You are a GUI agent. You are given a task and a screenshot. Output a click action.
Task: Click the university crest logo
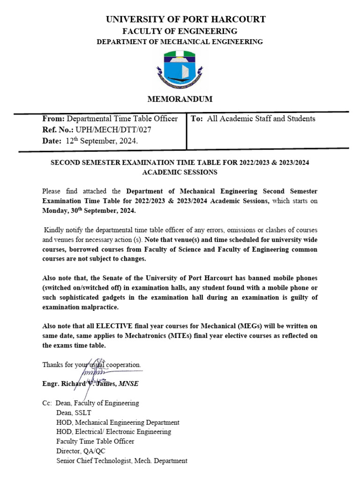[180, 71]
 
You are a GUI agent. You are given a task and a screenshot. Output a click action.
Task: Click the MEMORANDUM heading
[180, 99]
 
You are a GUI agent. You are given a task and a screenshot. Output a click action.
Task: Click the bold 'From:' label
[53, 119]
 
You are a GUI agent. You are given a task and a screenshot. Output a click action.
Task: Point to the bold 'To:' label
[197, 119]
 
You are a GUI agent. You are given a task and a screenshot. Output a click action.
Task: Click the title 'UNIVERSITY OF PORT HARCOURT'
[186, 19]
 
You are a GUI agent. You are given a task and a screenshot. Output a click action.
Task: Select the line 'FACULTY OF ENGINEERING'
[180, 31]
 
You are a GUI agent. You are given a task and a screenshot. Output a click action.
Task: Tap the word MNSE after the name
[129, 384]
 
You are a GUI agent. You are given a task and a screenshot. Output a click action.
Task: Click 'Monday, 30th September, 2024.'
[89, 211]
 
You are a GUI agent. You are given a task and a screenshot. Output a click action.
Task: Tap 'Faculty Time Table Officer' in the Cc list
[95, 442]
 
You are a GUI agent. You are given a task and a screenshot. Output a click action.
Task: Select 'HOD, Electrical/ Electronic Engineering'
[113, 432]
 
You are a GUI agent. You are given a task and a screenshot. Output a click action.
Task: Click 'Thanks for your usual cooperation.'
[91, 364]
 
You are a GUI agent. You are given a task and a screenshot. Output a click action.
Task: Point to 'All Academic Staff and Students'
[261, 119]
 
